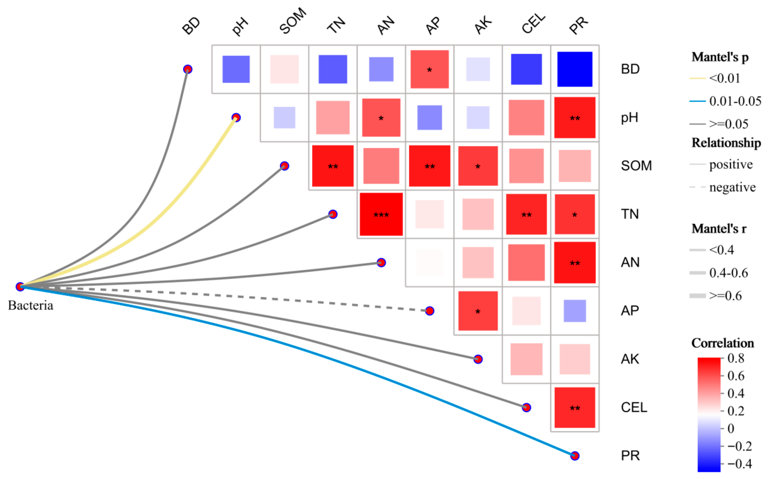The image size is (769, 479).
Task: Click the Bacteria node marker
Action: tap(20, 287)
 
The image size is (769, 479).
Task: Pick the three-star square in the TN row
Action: tap(381, 214)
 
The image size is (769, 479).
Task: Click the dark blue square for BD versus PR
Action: tap(575, 69)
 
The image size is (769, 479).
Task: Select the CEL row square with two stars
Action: tap(575, 407)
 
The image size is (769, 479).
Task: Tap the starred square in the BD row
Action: tap(430, 69)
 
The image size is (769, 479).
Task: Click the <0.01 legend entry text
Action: tap(725, 78)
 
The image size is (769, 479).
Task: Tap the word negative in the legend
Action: tap(732, 188)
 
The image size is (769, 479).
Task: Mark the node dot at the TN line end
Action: tap(333, 214)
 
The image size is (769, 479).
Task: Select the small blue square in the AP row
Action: tap(575, 311)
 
